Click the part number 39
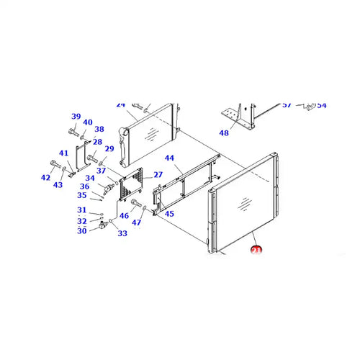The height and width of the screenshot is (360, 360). tap(76, 117)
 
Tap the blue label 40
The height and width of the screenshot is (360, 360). tap(88, 122)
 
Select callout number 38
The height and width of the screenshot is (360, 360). tap(99, 130)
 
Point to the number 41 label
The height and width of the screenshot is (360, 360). tap(64, 153)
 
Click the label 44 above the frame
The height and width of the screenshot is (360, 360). tap(169, 158)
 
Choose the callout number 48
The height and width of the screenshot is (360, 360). tap(224, 132)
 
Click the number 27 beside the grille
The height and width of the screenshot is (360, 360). tap(158, 175)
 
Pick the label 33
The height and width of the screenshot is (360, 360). tap(122, 233)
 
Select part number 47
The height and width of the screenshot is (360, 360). tap(136, 222)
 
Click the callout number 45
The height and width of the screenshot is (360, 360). tap(169, 214)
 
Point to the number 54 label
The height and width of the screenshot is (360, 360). tap(322, 105)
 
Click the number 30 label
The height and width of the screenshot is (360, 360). tap(82, 230)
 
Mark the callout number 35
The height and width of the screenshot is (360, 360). tap(82, 195)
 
